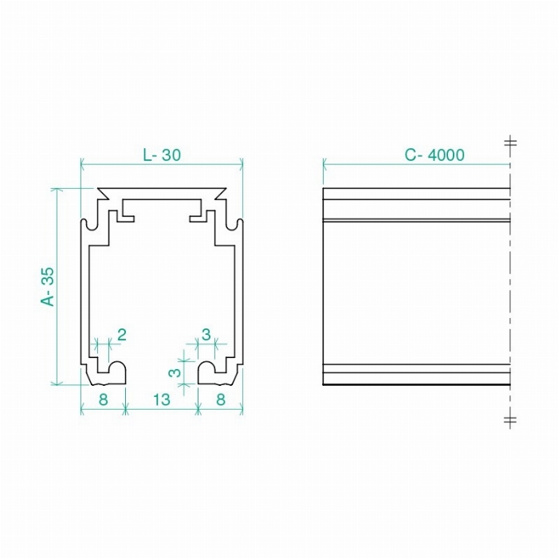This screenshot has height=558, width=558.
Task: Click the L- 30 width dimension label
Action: [162, 155]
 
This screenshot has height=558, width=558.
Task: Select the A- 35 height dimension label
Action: [48, 286]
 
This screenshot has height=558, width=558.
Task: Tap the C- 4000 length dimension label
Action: [434, 155]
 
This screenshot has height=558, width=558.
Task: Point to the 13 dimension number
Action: [162, 399]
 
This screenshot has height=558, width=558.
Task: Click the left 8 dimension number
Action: [103, 399]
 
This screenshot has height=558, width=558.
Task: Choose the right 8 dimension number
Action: [221, 399]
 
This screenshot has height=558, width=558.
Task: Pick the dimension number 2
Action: [122, 335]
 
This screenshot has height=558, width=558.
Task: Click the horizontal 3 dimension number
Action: [206, 335]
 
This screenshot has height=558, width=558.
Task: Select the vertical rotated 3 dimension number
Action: [175, 372]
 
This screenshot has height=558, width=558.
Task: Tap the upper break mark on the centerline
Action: [510, 143]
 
